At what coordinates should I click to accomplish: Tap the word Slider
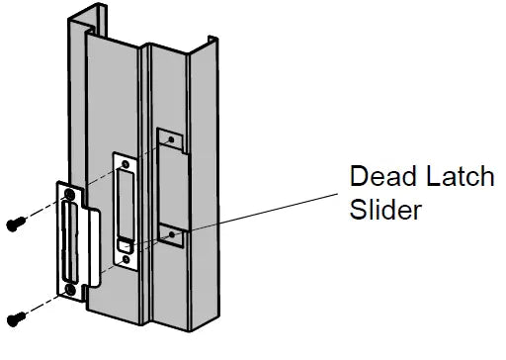coord(387,211)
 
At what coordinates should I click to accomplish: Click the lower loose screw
coord(16,316)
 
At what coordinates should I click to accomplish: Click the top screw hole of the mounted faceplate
coord(124,162)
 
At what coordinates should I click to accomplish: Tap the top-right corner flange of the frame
coord(211,45)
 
